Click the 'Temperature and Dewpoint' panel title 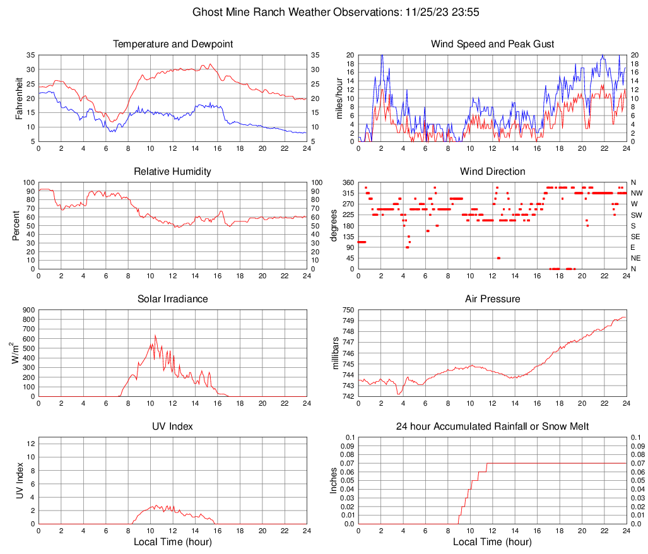coord(173,44)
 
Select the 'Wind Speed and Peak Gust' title coord(492,44)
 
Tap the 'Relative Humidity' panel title coord(173,172)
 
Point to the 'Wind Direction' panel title coord(492,172)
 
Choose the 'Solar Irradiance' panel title coord(173,298)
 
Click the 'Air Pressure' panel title coord(492,298)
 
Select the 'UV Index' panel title coord(173,427)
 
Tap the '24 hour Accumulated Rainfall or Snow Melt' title coord(492,427)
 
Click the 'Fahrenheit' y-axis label coord(18,98)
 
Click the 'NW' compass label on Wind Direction coord(637,193)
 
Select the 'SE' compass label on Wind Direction coord(636,237)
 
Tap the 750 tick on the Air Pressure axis coord(348,310)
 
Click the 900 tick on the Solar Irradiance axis coord(28,310)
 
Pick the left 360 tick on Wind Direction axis coord(348,182)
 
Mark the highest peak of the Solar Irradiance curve coord(155,335)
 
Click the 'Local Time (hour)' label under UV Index coord(173,541)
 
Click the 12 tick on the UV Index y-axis coord(30,444)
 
